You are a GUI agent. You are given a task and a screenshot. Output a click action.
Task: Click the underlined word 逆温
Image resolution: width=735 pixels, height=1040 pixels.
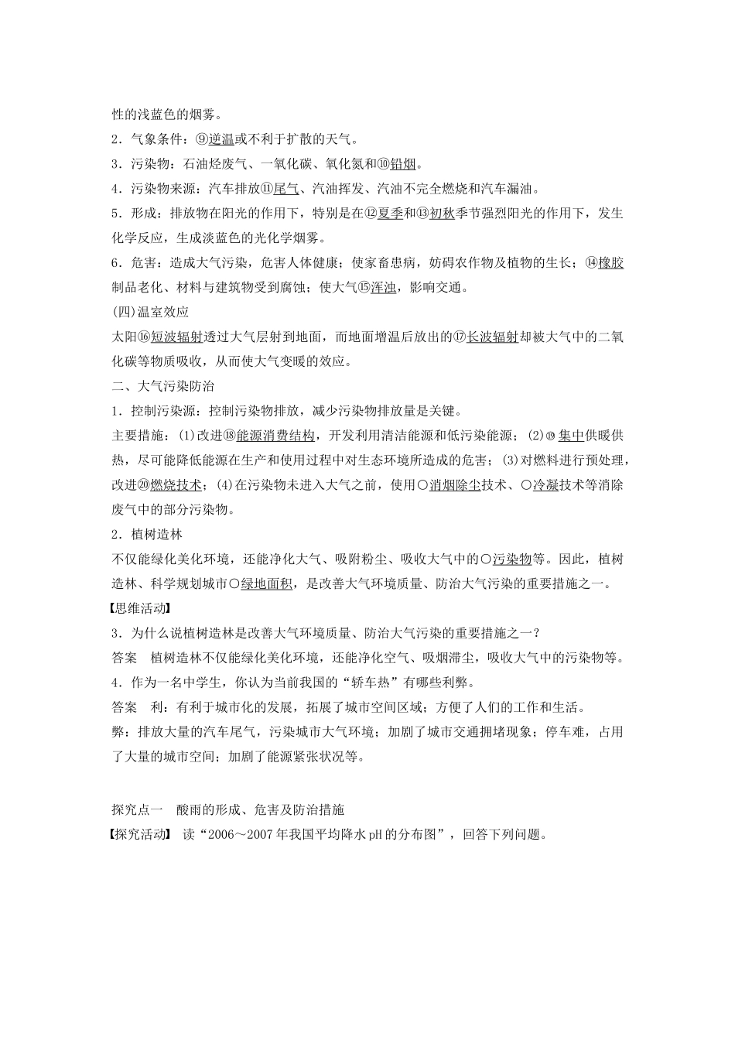(x=221, y=139)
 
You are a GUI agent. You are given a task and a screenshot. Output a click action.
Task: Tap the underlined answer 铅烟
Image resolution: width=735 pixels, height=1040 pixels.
(x=405, y=164)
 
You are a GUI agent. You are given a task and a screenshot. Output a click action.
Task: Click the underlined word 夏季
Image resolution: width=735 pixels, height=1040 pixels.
(x=390, y=214)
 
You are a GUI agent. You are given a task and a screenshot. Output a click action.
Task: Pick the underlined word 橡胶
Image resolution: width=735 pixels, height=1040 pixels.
(x=611, y=263)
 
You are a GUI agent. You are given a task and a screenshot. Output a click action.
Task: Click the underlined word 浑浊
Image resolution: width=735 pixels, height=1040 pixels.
(x=383, y=288)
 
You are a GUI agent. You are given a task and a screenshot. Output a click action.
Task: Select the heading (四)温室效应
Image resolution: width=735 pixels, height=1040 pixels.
(x=151, y=313)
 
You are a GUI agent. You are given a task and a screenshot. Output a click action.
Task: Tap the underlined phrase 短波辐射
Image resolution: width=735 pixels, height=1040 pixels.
(x=176, y=337)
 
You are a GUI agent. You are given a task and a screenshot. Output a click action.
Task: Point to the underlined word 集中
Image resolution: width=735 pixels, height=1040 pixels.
(x=570, y=436)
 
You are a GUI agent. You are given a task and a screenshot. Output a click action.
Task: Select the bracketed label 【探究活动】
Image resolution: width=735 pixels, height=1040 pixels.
(x=140, y=835)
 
